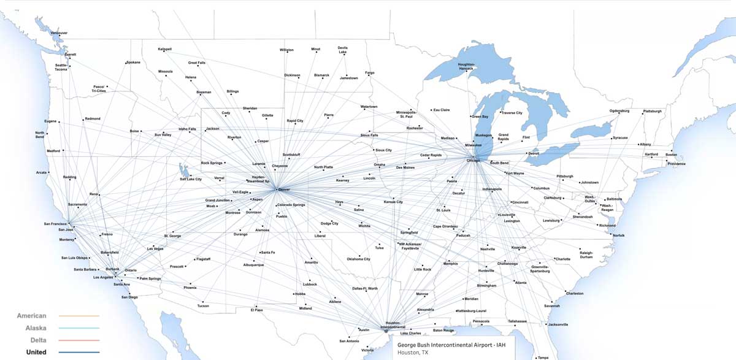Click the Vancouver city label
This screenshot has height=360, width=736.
59,33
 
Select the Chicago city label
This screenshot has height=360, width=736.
474,161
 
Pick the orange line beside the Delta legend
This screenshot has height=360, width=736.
79,340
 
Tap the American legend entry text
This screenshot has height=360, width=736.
32,316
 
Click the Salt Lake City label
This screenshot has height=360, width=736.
191,179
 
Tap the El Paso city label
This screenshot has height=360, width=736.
256,310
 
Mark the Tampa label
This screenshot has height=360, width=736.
543,358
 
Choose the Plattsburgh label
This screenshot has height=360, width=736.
652,111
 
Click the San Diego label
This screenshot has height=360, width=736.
129,297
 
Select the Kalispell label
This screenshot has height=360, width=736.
164,49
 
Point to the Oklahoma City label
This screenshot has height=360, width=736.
359,259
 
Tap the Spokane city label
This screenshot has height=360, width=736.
133,63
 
